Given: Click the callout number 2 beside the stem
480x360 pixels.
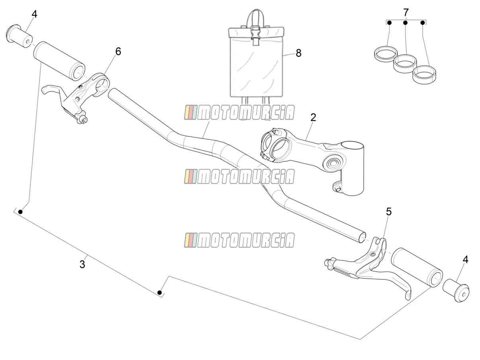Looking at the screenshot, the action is pyautogui.click(x=313, y=117).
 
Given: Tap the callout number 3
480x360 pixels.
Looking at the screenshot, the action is pyautogui.click(x=82, y=264).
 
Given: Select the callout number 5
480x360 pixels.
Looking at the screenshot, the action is pyautogui.click(x=389, y=211).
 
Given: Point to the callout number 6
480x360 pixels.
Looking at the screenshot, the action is pyautogui.click(x=118, y=52).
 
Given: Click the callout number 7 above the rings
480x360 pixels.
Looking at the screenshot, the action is pyautogui.click(x=406, y=12).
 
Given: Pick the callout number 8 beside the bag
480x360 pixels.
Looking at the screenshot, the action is pyautogui.click(x=298, y=53).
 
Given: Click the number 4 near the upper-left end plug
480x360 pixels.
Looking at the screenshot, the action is pyautogui.click(x=34, y=14).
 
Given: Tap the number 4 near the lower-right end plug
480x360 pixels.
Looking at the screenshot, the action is pyautogui.click(x=465, y=260).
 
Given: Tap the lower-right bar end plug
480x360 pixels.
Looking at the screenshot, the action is pyautogui.click(x=456, y=290).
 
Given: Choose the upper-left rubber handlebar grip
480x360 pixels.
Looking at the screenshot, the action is pyautogui.click(x=59, y=61).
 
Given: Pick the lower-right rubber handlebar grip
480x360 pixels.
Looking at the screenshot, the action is pyautogui.click(x=417, y=268).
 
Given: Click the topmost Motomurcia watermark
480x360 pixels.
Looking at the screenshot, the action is pyautogui.click(x=239, y=112).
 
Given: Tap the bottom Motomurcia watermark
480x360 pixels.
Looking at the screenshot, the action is pyautogui.click(x=239, y=240).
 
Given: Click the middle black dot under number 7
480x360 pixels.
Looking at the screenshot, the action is pyautogui.click(x=406, y=23).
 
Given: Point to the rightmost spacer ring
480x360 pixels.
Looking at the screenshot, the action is pyautogui.click(x=424, y=75).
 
